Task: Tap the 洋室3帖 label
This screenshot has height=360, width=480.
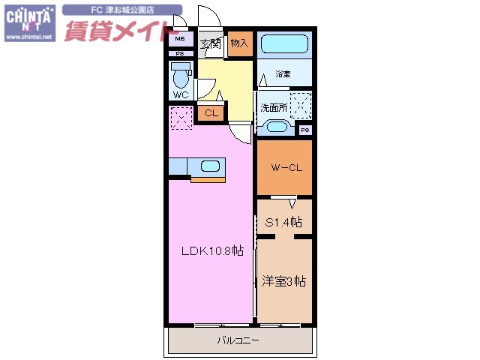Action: pyautogui.click(x=283, y=282)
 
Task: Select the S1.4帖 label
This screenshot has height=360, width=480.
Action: pyautogui.click(x=284, y=222)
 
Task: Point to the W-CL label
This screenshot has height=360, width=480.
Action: pyautogui.click(x=286, y=168)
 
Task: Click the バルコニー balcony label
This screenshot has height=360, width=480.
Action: pyautogui.click(x=238, y=340)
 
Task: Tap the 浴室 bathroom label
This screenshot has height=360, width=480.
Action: pyautogui.click(x=283, y=74)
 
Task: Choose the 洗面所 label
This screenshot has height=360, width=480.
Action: pyautogui.click(x=274, y=107)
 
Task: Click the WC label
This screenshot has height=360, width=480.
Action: pyautogui.click(x=181, y=95)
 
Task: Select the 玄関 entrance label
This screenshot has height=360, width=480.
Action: pyautogui.click(x=211, y=43)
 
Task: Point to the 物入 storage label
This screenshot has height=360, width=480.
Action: pyautogui.click(x=239, y=43)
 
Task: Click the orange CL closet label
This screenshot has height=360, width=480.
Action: pyautogui.click(x=211, y=113)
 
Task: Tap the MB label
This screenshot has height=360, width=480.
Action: pyautogui.click(x=180, y=39)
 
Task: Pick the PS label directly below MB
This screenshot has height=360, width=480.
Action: pyautogui.click(x=180, y=53)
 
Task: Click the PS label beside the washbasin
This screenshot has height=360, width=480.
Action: pyautogui.click(x=305, y=130)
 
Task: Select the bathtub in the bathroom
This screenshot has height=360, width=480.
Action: pyautogui.click(x=284, y=43)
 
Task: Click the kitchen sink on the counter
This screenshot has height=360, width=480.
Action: pyautogui.click(x=209, y=166)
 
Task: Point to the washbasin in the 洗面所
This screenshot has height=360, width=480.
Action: pyautogui.click(x=275, y=127)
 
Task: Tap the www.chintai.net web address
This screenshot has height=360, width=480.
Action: pyautogui.click(x=28, y=36)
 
